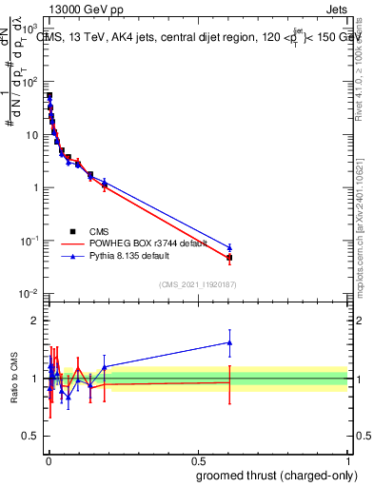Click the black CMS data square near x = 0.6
pos(229,258)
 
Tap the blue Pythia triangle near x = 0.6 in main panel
pos(229,247)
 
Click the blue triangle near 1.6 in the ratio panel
pos(229,342)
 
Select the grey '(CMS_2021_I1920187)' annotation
pos(198,283)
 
